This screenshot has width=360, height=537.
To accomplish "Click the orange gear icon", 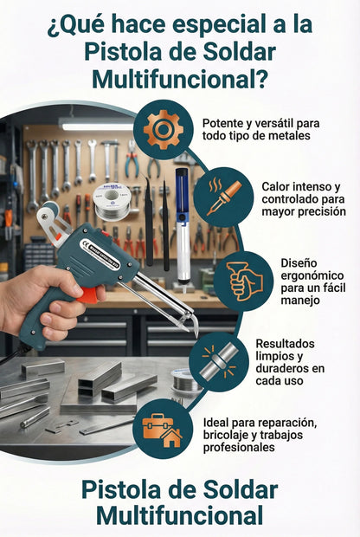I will (x=164, y=129).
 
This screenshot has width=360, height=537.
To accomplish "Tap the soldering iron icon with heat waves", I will (x=223, y=197).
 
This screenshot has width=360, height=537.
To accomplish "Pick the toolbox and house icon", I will (x=163, y=429).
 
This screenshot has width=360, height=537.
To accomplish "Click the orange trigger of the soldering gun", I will (x=88, y=295).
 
